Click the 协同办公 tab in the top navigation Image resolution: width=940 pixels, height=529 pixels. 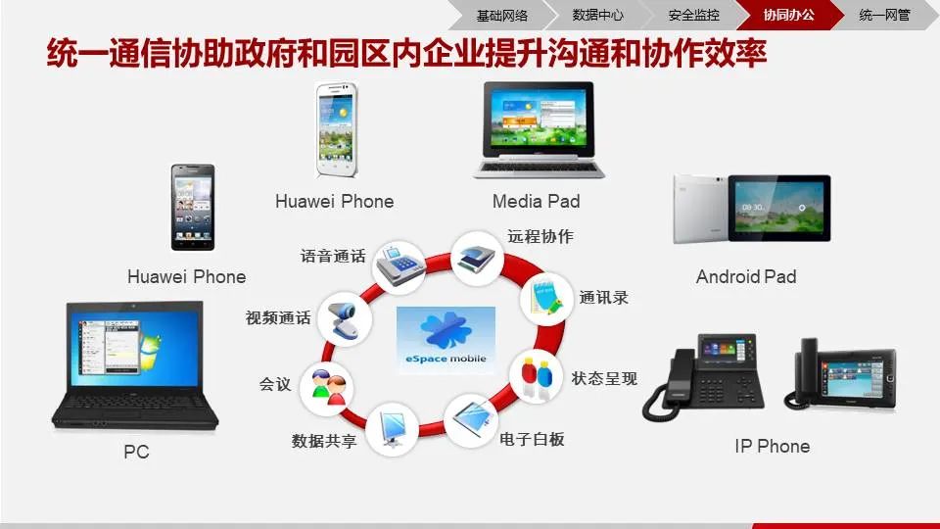pyautogui.click(x=788, y=15)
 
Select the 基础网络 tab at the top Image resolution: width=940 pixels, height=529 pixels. pyautogui.click(x=502, y=15)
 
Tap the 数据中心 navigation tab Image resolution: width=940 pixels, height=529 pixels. pyautogui.click(x=597, y=15)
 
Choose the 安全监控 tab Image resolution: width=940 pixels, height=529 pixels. pyautogui.click(x=693, y=15)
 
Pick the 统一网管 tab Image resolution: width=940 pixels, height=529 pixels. pyautogui.click(x=883, y=15)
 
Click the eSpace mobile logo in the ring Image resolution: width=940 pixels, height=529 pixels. pyautogui.click(x=446, y=338)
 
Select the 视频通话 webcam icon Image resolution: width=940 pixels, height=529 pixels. pyautogui.click(x=346, y=317)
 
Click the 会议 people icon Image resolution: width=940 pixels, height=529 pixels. pyautogui.click(x=327, y=386)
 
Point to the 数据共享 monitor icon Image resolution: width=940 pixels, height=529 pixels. pyautogui.click(x=392, y=428)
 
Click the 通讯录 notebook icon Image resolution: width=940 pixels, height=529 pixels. pyautogui.click(x=544, y=298)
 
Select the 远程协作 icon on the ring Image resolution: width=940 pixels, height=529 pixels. pyautogui.click(x=478, y=257)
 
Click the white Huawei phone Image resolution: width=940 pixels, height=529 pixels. pyautogui.click(x=335, y=131)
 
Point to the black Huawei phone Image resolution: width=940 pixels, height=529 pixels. pyautogui.click(x=193, y=207)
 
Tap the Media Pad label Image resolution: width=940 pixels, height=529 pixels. pyautogui.click(x=536, y=202)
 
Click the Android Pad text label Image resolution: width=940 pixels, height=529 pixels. pyautogui.click(x=746, y=277)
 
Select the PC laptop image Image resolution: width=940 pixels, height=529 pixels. pyautogui.click(x=135, y=366)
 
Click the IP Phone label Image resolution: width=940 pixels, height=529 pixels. pyautogui.click(x=772, y=447)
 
